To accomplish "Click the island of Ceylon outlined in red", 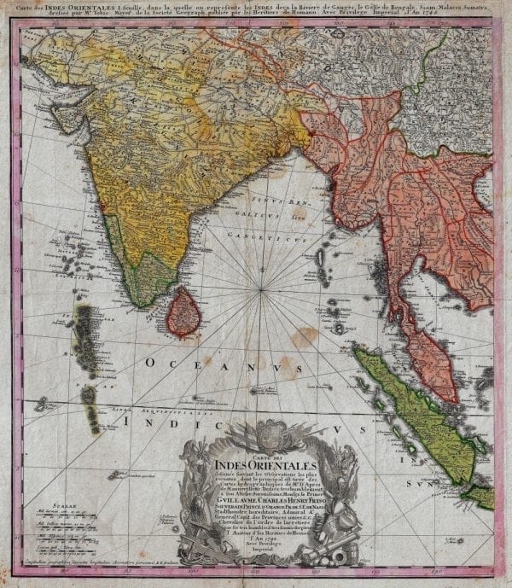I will tap(182, 312).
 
